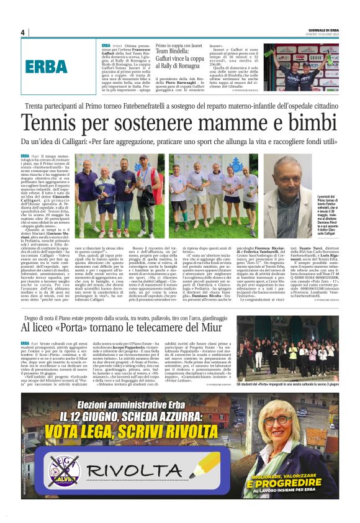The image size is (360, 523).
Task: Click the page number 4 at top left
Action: pos(22,33)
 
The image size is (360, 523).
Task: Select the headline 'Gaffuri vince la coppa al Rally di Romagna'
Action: pos(180,58)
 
